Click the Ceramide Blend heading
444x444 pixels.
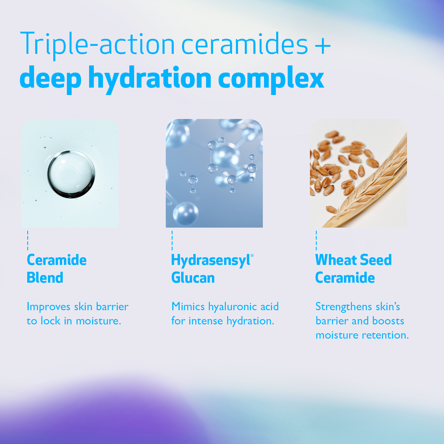pos(57,269)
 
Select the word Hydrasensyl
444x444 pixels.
pos(210,260)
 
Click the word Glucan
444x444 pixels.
pos(193,278)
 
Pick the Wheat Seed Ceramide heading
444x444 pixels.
pos(353,269)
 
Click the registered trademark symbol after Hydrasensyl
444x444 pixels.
pos(252,255)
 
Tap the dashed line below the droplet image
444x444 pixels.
pos(28,240)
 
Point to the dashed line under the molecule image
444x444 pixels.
pos(172,240)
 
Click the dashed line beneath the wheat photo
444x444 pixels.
pos(316,240)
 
